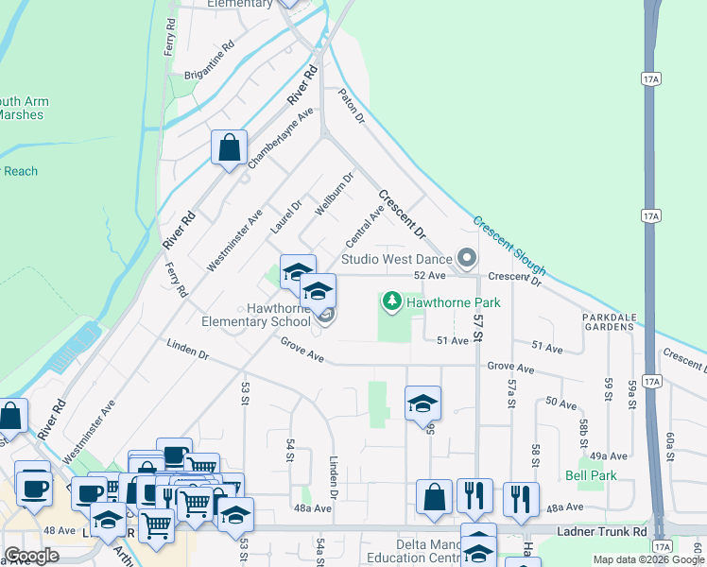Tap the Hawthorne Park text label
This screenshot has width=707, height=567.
point(454,303)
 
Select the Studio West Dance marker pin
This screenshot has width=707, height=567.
point(465,258)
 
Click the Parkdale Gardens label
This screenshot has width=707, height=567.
point(608,320)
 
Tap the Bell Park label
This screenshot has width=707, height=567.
point(591,475)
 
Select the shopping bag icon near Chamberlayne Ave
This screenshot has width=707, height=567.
point(229,148)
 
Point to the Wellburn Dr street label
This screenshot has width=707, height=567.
point(335,193)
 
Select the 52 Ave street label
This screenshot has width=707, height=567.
point(429,275)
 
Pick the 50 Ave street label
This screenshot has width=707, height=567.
point(560,404)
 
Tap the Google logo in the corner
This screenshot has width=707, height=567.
point(31,556)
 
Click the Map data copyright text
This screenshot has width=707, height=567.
point(647,559)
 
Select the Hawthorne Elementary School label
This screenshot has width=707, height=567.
point(255,315)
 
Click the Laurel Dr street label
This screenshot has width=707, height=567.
point(285,217)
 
